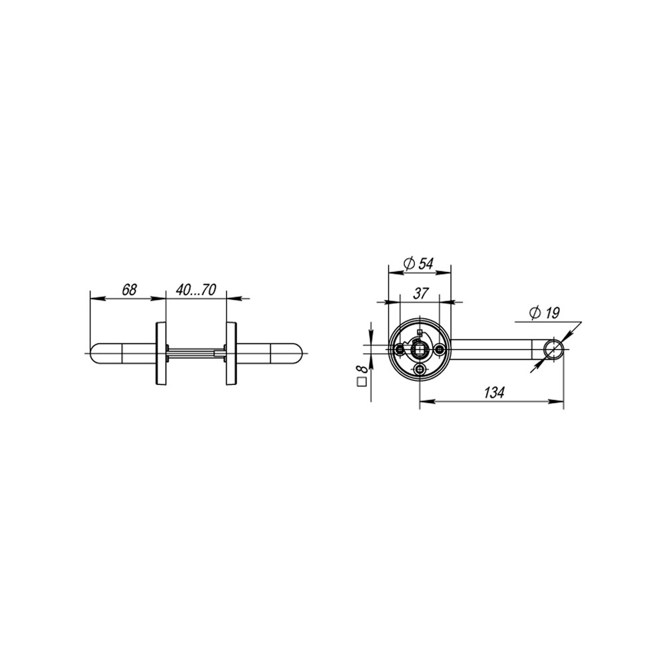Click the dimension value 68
[x=130, y=290]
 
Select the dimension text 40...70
[x=196, y=290]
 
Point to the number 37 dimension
[x=420, y=293]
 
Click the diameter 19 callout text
[x=545, y=313]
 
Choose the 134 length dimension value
[x=494, y=393]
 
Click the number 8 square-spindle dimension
[x=362, y=366]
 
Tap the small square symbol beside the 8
[x=362, y=382]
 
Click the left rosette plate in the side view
[x=160, y=354]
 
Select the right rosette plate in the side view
[x=231, y=354]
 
